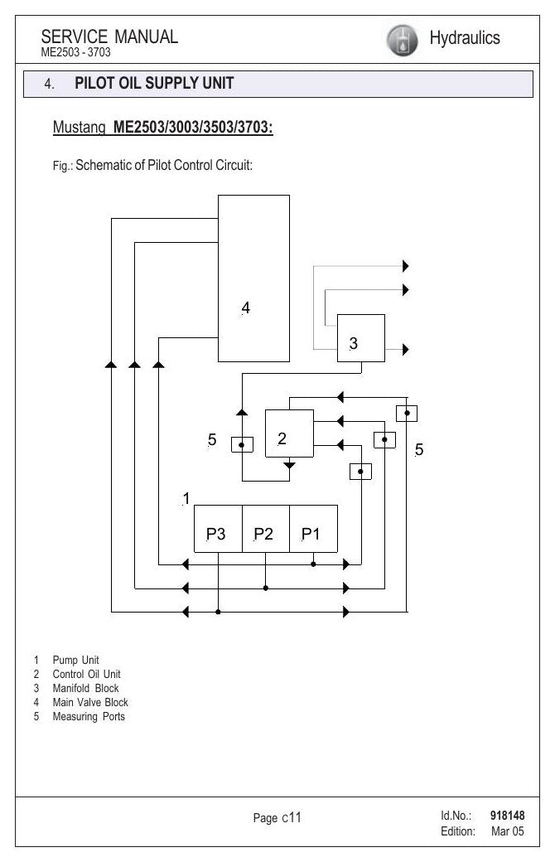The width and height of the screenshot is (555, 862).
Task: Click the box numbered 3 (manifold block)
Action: pos(360,338)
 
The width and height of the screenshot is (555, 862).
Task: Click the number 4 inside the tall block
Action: pos(246,308)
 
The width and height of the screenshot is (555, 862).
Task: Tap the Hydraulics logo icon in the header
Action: pos(402,40)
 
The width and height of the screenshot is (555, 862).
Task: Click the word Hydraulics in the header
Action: pos(465,38)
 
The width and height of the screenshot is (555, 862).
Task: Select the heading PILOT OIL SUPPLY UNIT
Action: pos(154,83)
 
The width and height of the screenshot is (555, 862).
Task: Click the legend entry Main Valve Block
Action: pos(90,702)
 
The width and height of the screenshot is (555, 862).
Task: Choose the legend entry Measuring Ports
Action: pos(89,716)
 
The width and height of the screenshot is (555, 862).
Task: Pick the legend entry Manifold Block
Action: pos(85,688)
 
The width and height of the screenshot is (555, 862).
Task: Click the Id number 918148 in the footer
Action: pos(507,816)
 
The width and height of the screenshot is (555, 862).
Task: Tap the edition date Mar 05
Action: pos(507,831)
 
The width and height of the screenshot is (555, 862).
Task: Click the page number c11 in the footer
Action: pos(292,817)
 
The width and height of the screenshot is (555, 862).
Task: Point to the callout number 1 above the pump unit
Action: pos(186,499)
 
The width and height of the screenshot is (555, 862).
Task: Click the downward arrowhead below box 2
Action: pos(289,465)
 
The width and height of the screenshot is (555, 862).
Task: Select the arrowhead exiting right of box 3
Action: pos(406,349)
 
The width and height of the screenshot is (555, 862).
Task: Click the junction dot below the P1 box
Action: pos(313,564)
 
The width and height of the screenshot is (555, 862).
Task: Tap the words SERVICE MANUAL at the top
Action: pos(109,36)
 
